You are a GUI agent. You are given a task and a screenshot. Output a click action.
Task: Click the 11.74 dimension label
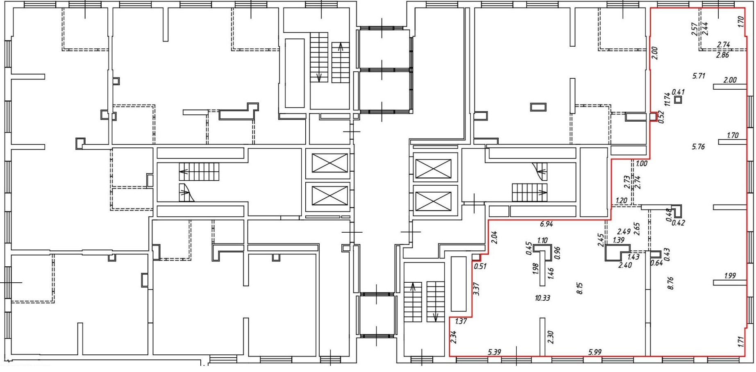[x=667, y=100]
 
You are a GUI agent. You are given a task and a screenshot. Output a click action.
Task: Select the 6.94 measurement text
[x=547, y=224]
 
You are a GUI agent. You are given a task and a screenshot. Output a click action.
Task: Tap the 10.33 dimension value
[x=542, y=298]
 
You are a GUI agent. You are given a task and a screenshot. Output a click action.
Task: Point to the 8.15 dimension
[x=579, y=288]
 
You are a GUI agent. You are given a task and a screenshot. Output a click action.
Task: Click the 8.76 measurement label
[x=670, y=283]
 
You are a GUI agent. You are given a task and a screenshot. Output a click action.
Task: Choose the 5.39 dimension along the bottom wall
[x=495, y=352]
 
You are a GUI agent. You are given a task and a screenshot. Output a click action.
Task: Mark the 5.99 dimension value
[x=595, y=352]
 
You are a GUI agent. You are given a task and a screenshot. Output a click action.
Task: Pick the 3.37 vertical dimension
[x=476, y=289]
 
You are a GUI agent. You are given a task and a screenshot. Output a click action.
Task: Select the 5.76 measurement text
[x=698, y=146]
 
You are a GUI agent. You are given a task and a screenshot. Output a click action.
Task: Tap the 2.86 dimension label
[x=722, y=55]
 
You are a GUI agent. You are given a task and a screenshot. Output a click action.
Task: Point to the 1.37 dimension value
[x=461, y=321]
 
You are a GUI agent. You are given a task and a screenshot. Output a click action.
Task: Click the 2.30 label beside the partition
[x=550, y=337]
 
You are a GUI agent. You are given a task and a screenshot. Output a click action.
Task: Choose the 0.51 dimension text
[x=480, y=266]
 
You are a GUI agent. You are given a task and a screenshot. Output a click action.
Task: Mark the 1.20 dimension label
[x=622, y=201]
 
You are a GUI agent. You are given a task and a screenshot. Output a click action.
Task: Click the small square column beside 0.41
[x=678, y=100]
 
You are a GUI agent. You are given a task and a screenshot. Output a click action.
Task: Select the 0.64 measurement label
[x=656, y=263]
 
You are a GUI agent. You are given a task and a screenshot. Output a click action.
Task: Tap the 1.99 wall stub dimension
[x=730, y=276]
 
